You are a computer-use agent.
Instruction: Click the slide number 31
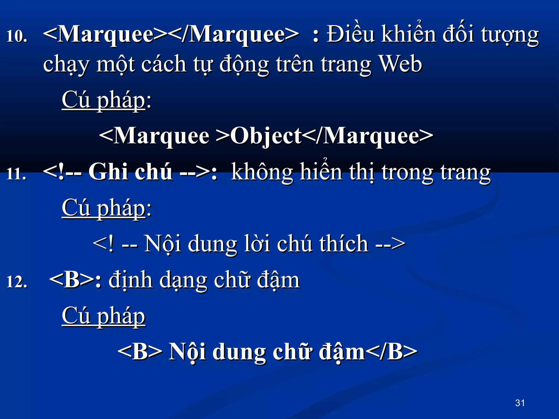520,403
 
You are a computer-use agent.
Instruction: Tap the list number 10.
17,36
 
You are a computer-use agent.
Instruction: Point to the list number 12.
17,282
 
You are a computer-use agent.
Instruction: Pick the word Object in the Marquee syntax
266,136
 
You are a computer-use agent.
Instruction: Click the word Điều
350,34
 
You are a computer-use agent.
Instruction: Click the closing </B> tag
391,352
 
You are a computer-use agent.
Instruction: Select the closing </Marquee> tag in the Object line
367,136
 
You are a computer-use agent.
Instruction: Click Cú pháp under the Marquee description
103,100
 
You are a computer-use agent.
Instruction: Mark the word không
262,172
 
